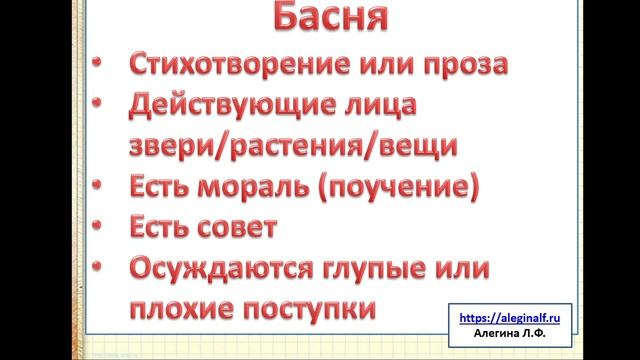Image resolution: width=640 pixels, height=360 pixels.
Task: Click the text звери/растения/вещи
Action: click(294, 144)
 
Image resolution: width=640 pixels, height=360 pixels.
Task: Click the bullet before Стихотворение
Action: click(96, 62)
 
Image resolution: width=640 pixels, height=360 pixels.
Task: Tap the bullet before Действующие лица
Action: click(96, 101)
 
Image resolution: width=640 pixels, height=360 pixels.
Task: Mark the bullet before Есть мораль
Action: click(96, 183)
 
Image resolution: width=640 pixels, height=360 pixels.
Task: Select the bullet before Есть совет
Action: click(96, 224)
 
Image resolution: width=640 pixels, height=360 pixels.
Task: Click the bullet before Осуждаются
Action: click(96, 266)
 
